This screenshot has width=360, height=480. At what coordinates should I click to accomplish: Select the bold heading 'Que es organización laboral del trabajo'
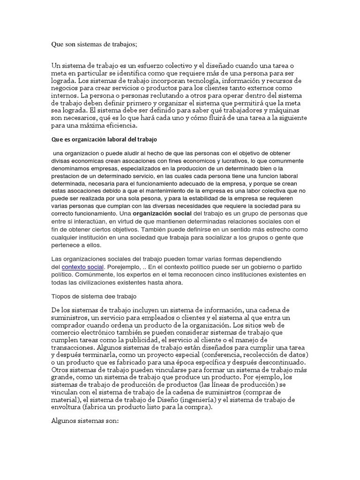[104, 140]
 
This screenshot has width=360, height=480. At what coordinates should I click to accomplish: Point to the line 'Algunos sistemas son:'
[85, 421]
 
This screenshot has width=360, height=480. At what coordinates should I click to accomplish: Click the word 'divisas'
[60, 161]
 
